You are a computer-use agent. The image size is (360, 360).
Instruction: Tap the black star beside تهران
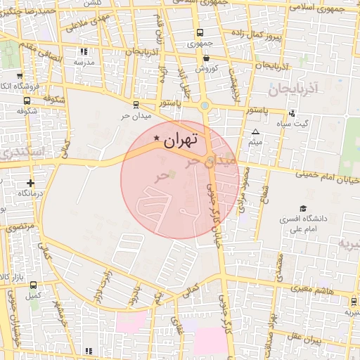coord(156,141)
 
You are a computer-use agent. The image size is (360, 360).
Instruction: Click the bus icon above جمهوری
coord(200,32)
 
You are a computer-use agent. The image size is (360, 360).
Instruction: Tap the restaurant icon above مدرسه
coord(84,51)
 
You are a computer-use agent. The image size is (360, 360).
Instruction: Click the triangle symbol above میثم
coord(255,131)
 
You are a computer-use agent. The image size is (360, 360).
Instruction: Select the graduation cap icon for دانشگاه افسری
coord(303,209)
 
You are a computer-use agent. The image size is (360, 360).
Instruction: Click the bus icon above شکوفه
coord(27,101)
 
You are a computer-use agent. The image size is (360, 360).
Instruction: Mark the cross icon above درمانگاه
coord(30,183)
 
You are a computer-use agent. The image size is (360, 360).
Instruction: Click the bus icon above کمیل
coord(34,286)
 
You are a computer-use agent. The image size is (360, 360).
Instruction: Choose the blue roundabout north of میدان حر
coord(205,106)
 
